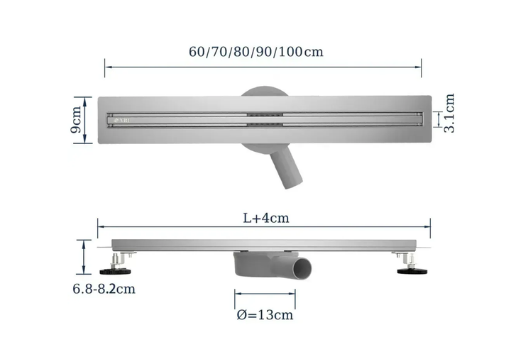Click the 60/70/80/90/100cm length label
point(255,52)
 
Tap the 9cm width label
point(76,120)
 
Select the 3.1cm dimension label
point(449,113)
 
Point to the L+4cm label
point(266,218)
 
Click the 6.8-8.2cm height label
point(104,289)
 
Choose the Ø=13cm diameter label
point(265,315)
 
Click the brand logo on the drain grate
point(121,120)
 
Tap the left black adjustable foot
point(116,271)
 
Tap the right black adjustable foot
point(412,271)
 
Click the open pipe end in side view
point(302,268)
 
